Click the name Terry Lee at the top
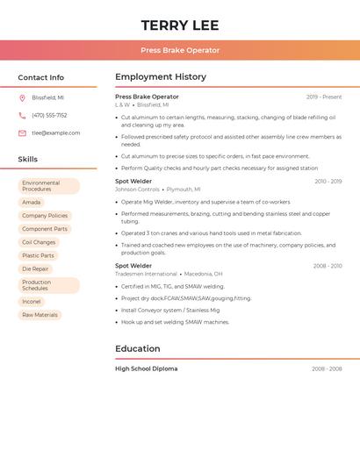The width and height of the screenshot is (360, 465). [x=180, y=25]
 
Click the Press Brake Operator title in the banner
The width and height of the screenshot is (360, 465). [x=180, y=50]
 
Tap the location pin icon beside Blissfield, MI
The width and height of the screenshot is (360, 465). [x=22, y=97]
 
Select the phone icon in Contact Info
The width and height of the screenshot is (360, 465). [x=22, y=115]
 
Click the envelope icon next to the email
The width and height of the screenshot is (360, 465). [x=22, y=133]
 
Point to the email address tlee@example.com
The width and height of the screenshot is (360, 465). [x=55, y=133]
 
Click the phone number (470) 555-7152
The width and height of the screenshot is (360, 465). [x=49, y=115]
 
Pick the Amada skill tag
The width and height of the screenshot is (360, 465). [x=32, y=202]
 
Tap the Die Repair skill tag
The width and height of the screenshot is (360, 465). [x=36, y=268]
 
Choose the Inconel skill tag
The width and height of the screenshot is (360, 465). [x=32, y=301]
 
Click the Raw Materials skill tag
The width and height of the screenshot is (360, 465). [x=40, y=315]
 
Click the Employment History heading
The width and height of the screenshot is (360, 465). [x=160, y=77]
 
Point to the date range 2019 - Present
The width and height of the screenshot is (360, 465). [x=324, y=97]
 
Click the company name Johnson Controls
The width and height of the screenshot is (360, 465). [x=137, y=189]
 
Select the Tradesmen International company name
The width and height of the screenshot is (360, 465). [x=146, y=274]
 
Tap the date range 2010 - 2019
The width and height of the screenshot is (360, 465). [x=328, y=181]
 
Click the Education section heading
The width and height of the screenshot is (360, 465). [x=137, y=348]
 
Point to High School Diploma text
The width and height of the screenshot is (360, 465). [x=146, y=368]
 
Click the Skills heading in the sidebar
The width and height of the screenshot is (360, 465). [x=28, y=160]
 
